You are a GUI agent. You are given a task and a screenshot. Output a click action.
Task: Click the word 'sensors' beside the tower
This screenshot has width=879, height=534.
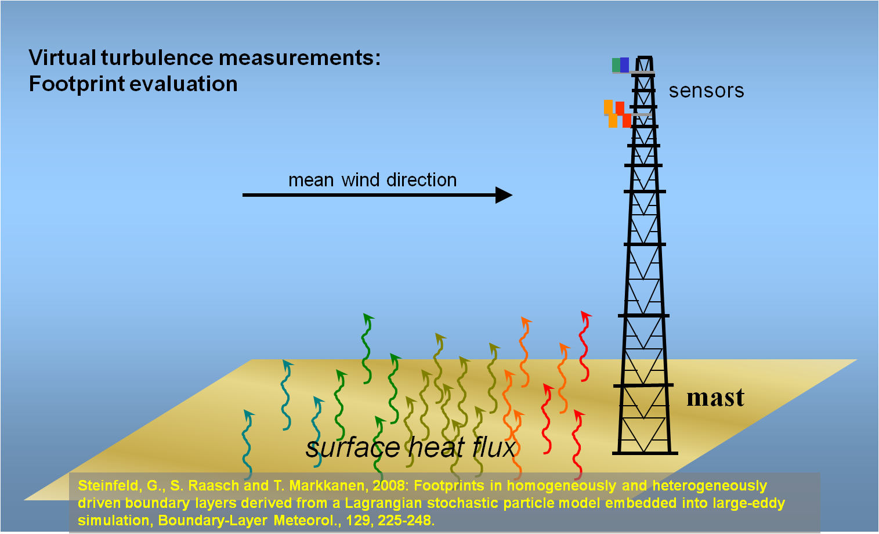706,91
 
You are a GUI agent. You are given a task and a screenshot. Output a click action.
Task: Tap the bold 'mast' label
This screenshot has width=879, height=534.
715,398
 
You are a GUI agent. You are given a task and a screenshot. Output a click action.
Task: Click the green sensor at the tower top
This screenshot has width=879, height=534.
616,65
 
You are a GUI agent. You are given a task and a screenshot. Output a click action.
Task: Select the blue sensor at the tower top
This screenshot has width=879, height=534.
625,65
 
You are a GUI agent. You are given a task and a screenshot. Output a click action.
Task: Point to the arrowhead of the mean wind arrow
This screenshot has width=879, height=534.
504,195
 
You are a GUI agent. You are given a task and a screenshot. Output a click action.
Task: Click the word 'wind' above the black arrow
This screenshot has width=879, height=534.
361,180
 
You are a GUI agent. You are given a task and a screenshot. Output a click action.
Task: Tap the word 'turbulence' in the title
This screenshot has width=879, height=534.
157,57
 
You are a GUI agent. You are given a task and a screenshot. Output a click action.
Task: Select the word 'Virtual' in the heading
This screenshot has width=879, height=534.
63,57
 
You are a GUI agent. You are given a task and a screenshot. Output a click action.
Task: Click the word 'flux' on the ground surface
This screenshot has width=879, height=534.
494,447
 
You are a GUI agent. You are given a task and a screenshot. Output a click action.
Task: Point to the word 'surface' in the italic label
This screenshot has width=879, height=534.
353,448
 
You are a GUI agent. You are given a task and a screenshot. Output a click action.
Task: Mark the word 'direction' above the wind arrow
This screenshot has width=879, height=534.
421,180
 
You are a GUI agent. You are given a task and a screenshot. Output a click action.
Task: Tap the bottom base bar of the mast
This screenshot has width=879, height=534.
645,453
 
